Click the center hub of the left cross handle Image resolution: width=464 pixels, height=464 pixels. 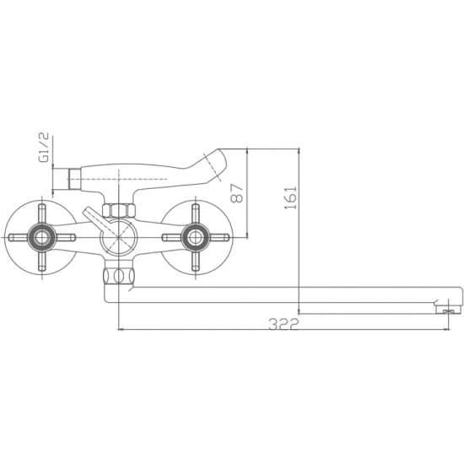click(x=38, y=237)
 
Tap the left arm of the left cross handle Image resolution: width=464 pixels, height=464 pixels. click(x=13, y=237)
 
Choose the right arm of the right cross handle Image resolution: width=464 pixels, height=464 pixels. click(x=220, y=237)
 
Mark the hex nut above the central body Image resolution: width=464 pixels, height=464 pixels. click(x=116, y=208)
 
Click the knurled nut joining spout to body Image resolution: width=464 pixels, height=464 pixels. click(x=116, y=276)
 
